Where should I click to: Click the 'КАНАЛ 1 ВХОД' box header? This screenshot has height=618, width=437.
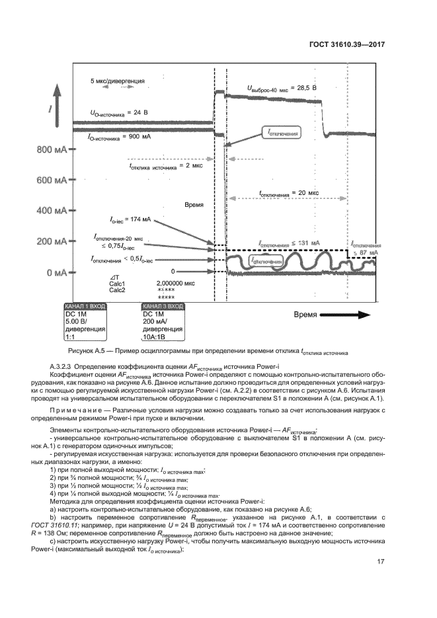pos(84,307)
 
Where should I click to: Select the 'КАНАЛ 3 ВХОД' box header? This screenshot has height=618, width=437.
pos(164,307)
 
